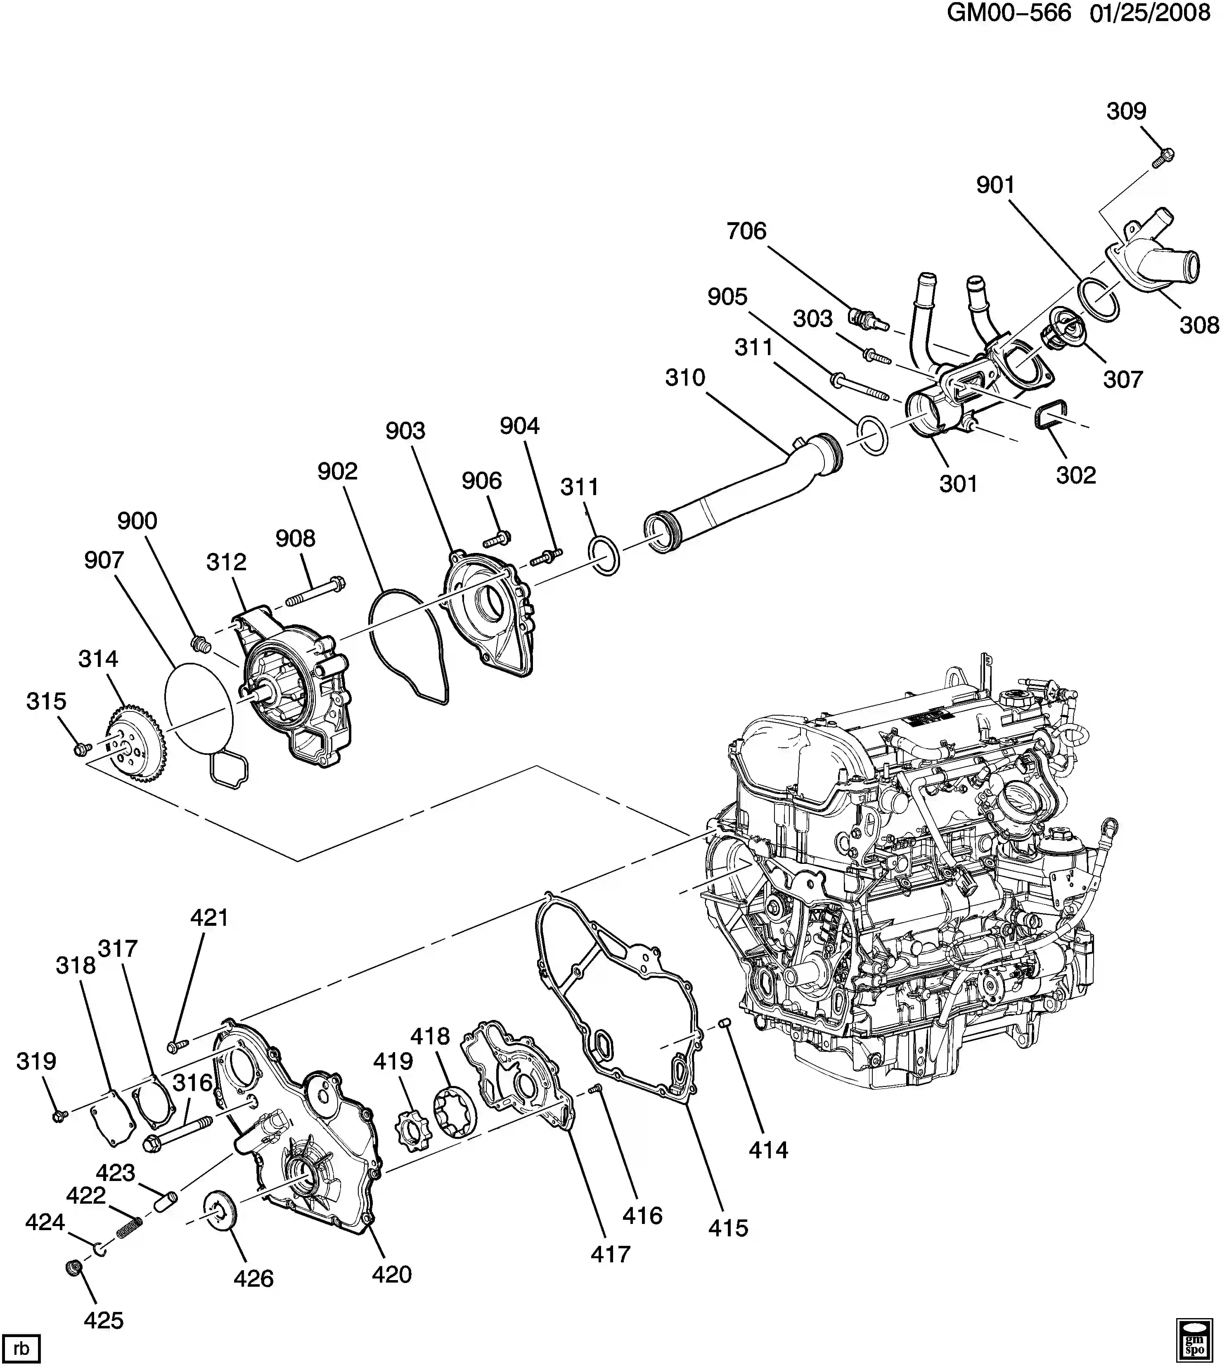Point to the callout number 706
746,231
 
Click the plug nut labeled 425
75,1267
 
